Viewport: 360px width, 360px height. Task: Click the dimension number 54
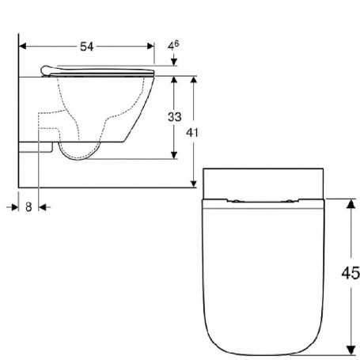point(87,47)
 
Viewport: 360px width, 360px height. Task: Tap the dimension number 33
point(175,117)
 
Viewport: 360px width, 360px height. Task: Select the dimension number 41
point(192,132)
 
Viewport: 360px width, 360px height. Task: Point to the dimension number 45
point(351,273)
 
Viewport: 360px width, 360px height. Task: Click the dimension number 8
point(28,207)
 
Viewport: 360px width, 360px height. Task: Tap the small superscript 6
point(176,43)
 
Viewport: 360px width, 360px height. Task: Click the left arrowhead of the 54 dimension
point(23,47)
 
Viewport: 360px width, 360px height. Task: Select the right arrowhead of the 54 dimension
point(150,47)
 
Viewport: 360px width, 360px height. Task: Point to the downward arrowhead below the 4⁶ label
point(174,62)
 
